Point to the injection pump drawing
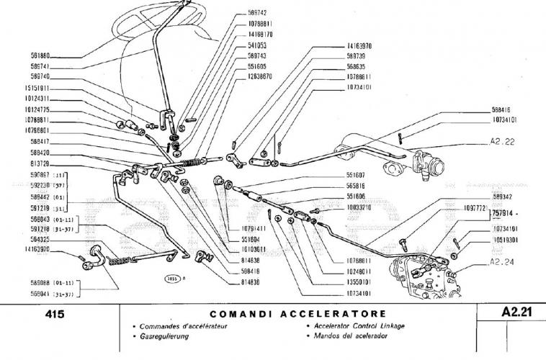(425, 274)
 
